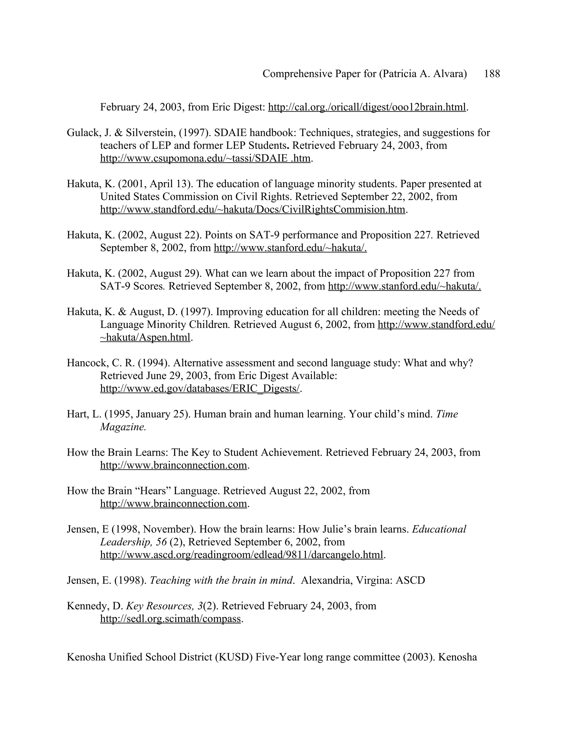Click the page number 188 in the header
(492, 74)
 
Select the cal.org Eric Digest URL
(367, 107)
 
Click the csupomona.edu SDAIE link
(205, 158)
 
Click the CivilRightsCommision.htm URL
(252, 209)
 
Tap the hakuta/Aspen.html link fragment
(145, 337)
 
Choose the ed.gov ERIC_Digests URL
(200, 389)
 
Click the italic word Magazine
(123, 427)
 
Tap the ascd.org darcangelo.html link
(241, 555)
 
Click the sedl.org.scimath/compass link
(171, 619)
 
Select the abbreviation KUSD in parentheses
(234, 657)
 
